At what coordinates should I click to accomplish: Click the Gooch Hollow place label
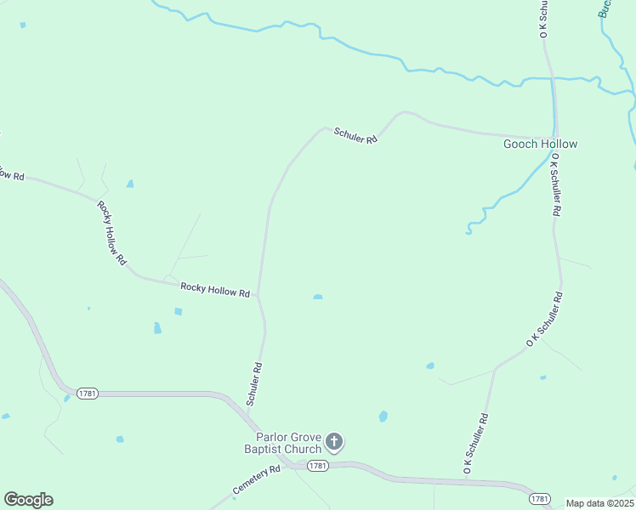click(540, 144)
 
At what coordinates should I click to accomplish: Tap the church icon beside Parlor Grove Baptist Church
click(334, 441)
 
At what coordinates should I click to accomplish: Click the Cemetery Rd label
click(256, 481)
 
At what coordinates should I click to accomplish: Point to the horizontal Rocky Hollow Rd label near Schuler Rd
click(215, 290)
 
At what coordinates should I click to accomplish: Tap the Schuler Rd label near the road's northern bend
click(355, 134)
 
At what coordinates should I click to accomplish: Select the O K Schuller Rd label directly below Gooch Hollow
click(554, 186)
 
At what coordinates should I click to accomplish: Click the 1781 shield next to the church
click(317, 466)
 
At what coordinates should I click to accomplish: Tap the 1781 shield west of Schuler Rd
click(88, 394)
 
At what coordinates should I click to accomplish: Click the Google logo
click(28, 500)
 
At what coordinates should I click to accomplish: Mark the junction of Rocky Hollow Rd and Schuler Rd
click(258, 295)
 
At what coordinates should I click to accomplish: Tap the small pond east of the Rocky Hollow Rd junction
click(317, 297)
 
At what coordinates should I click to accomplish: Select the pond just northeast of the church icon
click(383, 416)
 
